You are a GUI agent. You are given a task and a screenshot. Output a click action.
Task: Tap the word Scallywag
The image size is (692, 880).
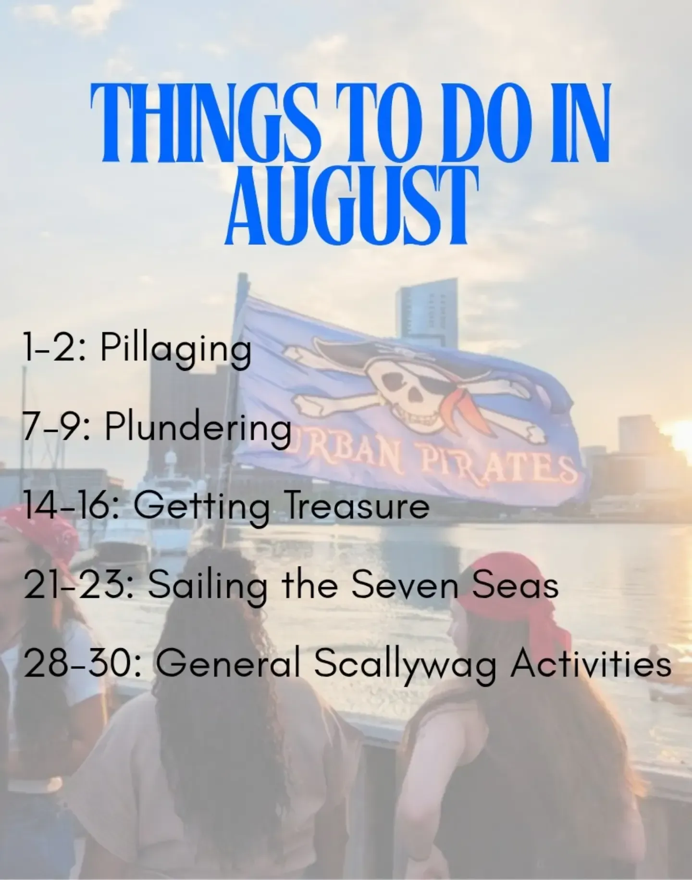tap(405, 666)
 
